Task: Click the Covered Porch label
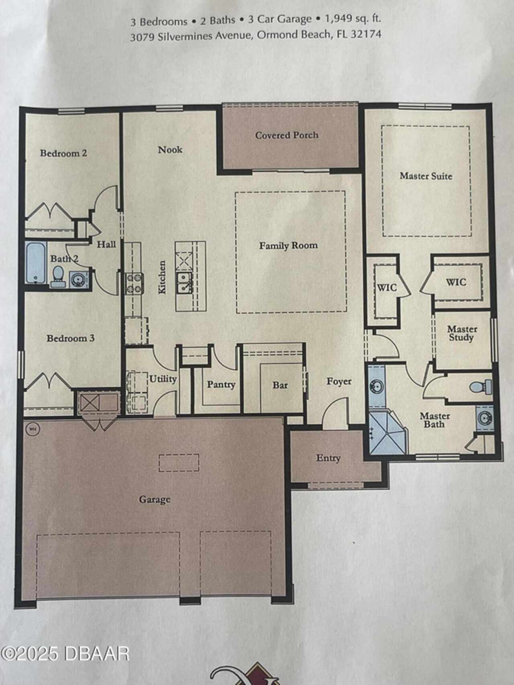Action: (x=287, y=135)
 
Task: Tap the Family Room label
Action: (x=288, y=245)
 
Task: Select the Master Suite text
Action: (x=426, y=176)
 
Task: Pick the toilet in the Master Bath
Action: (x=480, y=386)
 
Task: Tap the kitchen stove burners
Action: (x=134, y=283)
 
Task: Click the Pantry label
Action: (x=221, y=385)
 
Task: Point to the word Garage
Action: (x=155, y=499)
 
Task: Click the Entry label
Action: (x=328, y=458)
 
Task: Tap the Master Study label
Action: (x=462, y=333)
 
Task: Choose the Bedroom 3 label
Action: (x=71, y=338)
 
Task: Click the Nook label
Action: (x=170, y=150)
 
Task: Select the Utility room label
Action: (x=163, y=379)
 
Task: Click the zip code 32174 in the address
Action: (x=366, y=34)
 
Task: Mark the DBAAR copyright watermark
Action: (x=64, y=654)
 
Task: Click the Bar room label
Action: (x=280, y=385)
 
